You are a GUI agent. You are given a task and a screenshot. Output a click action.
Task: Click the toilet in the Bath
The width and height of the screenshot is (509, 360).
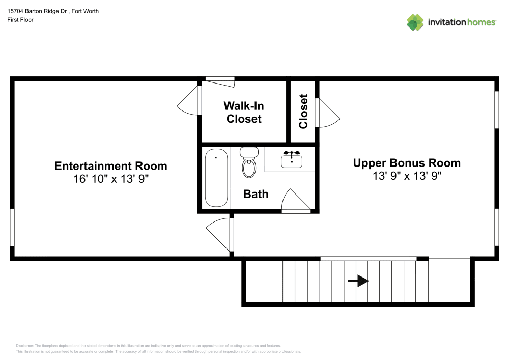[249, 162]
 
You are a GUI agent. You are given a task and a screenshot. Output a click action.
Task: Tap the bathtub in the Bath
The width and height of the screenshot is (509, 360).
[216, 178]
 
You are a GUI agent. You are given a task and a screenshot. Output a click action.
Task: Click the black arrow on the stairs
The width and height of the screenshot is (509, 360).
[358, 281]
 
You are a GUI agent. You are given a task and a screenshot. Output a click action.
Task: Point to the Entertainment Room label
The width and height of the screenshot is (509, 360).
[110, 166]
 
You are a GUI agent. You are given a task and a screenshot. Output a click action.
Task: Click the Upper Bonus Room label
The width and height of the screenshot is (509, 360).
[407, 163]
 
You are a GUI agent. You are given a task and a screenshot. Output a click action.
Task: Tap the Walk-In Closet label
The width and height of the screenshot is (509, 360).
[244, 113]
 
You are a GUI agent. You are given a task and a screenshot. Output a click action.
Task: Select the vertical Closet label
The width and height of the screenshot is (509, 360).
[303, 112]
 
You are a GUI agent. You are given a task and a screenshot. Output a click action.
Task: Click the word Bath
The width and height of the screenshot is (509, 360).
[256, 194]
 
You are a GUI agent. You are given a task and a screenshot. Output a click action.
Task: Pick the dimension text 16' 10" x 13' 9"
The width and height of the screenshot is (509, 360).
[111, 179]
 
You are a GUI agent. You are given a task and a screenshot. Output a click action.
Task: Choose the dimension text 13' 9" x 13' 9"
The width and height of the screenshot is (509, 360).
[407, 176]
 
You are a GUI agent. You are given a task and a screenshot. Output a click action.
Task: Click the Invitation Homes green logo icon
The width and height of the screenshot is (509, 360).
[415, 22]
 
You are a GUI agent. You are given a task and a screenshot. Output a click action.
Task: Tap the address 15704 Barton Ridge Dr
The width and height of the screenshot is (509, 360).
[37, 11]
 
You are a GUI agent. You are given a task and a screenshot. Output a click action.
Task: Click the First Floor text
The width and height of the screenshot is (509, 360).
[20, 20]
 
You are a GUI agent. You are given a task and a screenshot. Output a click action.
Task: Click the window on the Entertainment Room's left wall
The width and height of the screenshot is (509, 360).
[12, 227]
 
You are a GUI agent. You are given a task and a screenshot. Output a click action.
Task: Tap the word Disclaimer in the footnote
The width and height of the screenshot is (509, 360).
[24, 346]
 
